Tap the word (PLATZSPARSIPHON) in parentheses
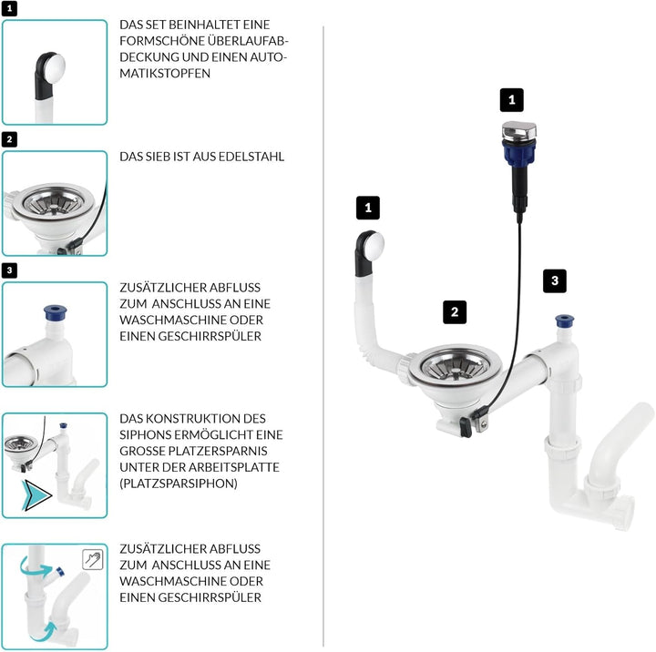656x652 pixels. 179,484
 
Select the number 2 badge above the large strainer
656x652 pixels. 455,311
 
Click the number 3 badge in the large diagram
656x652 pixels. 554,280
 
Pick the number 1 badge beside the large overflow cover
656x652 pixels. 367,208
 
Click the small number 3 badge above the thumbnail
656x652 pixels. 9,270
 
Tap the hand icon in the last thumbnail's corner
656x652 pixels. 91,559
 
